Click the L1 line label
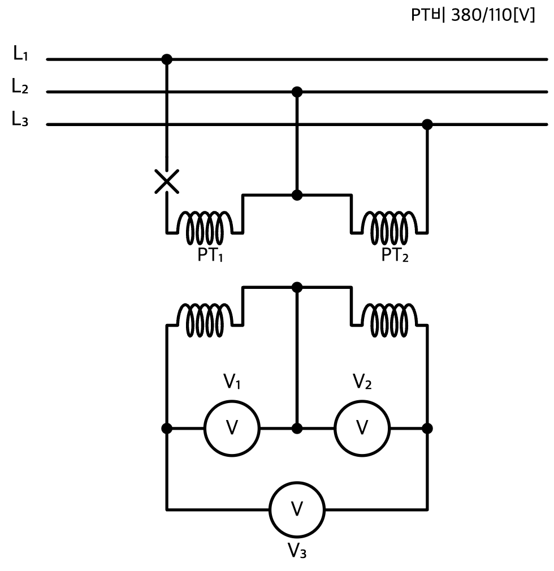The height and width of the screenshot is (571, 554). pyautogui.click(x=20, y=53)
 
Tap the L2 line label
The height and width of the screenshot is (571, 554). pyautogui.click(x=20, y=86)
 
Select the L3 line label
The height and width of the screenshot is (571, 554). pyautogui.click(x=20, y=119)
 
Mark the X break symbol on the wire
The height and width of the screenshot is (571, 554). pyautogui.click(x=167, y=181)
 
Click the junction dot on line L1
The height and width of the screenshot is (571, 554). pyautogui.click(x=167, y=59)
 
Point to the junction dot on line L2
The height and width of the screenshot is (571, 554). pyautogui.click(x=297, y=92)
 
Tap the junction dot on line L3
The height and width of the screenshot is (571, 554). pyautogui.click(x=427, y=124)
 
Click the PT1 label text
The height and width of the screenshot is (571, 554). pyautogui.click(x=210, y=255)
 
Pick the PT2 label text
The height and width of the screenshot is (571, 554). pyautogui.click(x=395, y=255)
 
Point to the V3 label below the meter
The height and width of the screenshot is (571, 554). pyautogui.click(x=297, y=550)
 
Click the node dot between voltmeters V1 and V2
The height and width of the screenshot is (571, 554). pyautogui.click(x=297, y=429)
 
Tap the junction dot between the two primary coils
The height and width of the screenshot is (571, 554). pyautogui.click(x=297, y=195)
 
